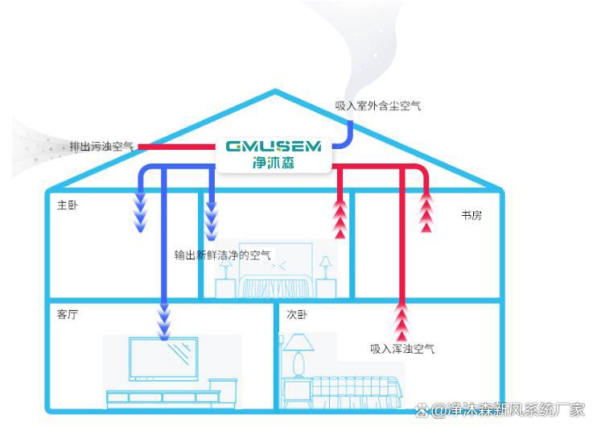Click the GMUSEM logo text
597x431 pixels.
(x=274, y=147)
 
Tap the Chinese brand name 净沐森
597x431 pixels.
(x=274, y=163)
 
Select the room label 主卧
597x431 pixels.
(x=68, y=205)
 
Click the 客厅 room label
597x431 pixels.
(x=68, y=314)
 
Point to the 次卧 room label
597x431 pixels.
(x=297, y=314)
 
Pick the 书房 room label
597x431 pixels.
(x=471, y=215)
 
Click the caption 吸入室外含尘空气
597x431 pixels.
(x=378, y=106)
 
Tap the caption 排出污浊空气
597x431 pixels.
(x=101, y=147)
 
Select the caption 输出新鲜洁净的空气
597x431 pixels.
(x=223, y=255)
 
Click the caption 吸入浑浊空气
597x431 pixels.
(x=402, y=349)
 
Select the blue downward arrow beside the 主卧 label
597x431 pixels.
(x=141, y=212)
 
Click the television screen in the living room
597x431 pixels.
(x=163, y=358)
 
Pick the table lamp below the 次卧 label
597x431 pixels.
(x=298, y=355)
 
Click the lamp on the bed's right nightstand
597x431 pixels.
(x=326, y=267)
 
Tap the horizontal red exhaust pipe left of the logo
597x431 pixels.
(x=177, y=147)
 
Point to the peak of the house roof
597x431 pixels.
(x=275, y=91)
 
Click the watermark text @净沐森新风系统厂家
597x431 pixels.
(x=500, y=410)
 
